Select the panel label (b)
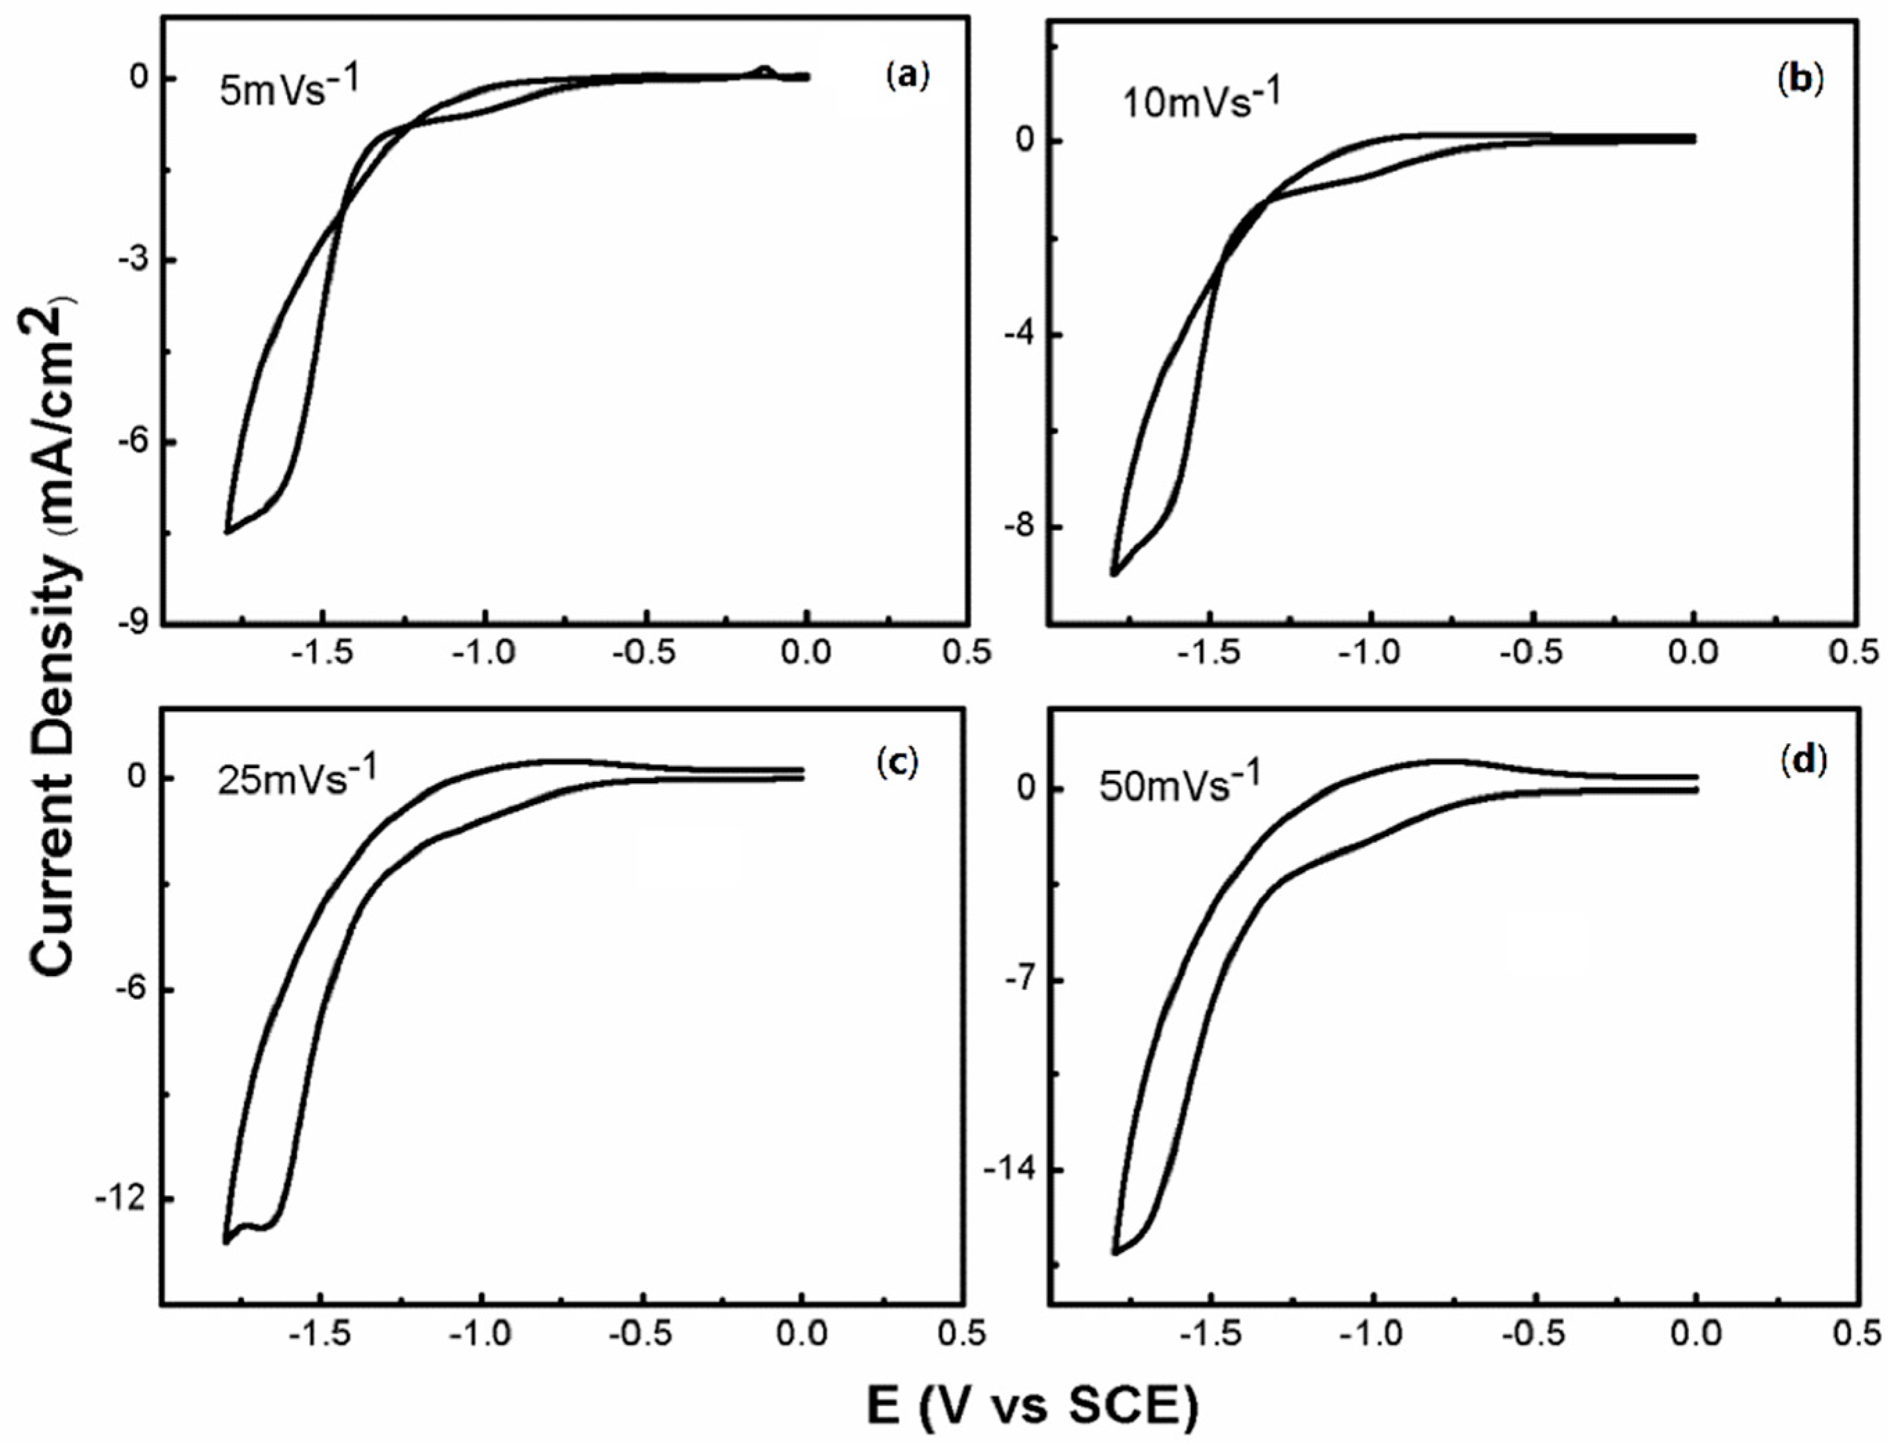click(1799, 79)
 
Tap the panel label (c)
click(898, 760)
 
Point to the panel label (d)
click(1799, 760)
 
